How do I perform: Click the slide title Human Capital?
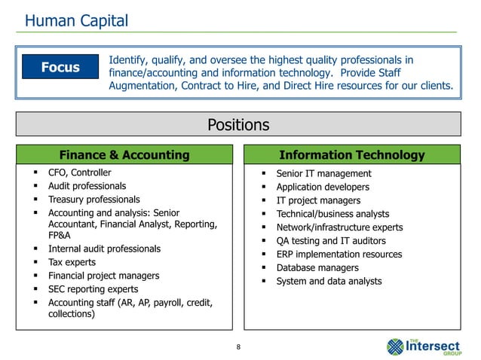[76, 20]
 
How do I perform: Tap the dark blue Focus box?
[60, 68]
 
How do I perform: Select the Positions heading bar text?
[239, 124]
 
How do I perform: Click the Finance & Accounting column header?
[124, 155]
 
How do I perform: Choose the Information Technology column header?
[351, 155]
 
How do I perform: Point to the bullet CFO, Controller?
[79, 172]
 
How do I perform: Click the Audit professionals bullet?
[87, 186]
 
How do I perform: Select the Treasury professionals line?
[93, 200]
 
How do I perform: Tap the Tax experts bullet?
[72, 262]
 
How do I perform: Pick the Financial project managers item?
[103, 276]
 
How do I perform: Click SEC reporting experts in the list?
[93, 289]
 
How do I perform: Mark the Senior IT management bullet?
[323, 174]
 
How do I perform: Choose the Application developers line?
[323, 187]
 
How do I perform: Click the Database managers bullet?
[317, 268]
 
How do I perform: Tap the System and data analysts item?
[329, 282]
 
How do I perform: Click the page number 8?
[239, 346]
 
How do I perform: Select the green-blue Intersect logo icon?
[396, 346]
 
